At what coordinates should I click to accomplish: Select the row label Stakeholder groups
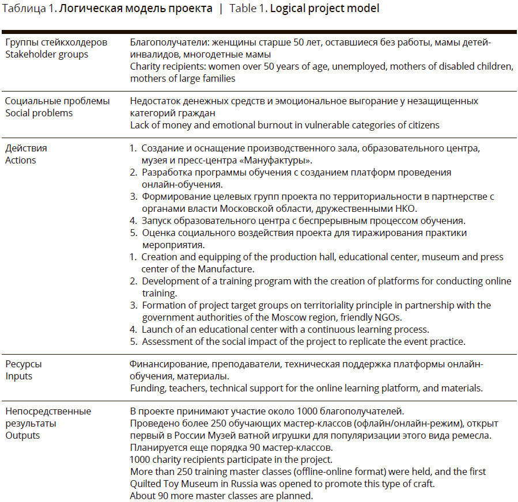click(47, 55)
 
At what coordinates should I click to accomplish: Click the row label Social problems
click(39, 113)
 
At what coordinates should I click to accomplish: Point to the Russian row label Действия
click(26, 148)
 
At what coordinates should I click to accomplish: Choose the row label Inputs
click(18, 376)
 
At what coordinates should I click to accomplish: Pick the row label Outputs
click(22, 435)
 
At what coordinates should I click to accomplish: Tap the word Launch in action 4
click(156, 329)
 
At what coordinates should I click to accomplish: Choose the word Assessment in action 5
click(167, 341)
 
